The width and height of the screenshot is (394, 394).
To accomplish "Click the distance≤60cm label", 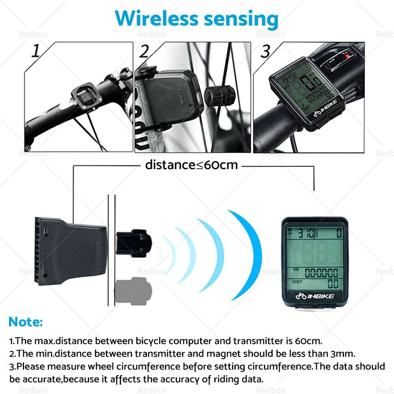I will point(191,165).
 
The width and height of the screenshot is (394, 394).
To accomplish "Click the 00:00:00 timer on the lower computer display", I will point(321,273).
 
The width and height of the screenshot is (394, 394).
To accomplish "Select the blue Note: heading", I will point(25,322).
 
